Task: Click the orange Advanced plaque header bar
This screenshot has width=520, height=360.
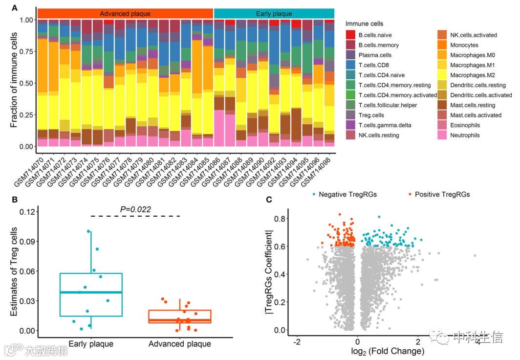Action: (125, 14)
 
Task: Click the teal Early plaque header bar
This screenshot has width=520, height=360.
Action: (274, 14)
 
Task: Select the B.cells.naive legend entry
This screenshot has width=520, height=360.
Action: (375, 35)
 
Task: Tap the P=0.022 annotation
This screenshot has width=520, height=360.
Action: (135, 209)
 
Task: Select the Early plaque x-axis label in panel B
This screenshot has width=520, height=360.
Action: (91, 344)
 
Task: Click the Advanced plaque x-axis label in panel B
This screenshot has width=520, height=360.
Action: (179, 344)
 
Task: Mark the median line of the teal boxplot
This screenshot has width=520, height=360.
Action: (91, 292)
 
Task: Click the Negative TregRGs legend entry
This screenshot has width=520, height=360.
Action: (347, 195)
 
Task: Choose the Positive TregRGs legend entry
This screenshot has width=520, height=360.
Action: (442, 195)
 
